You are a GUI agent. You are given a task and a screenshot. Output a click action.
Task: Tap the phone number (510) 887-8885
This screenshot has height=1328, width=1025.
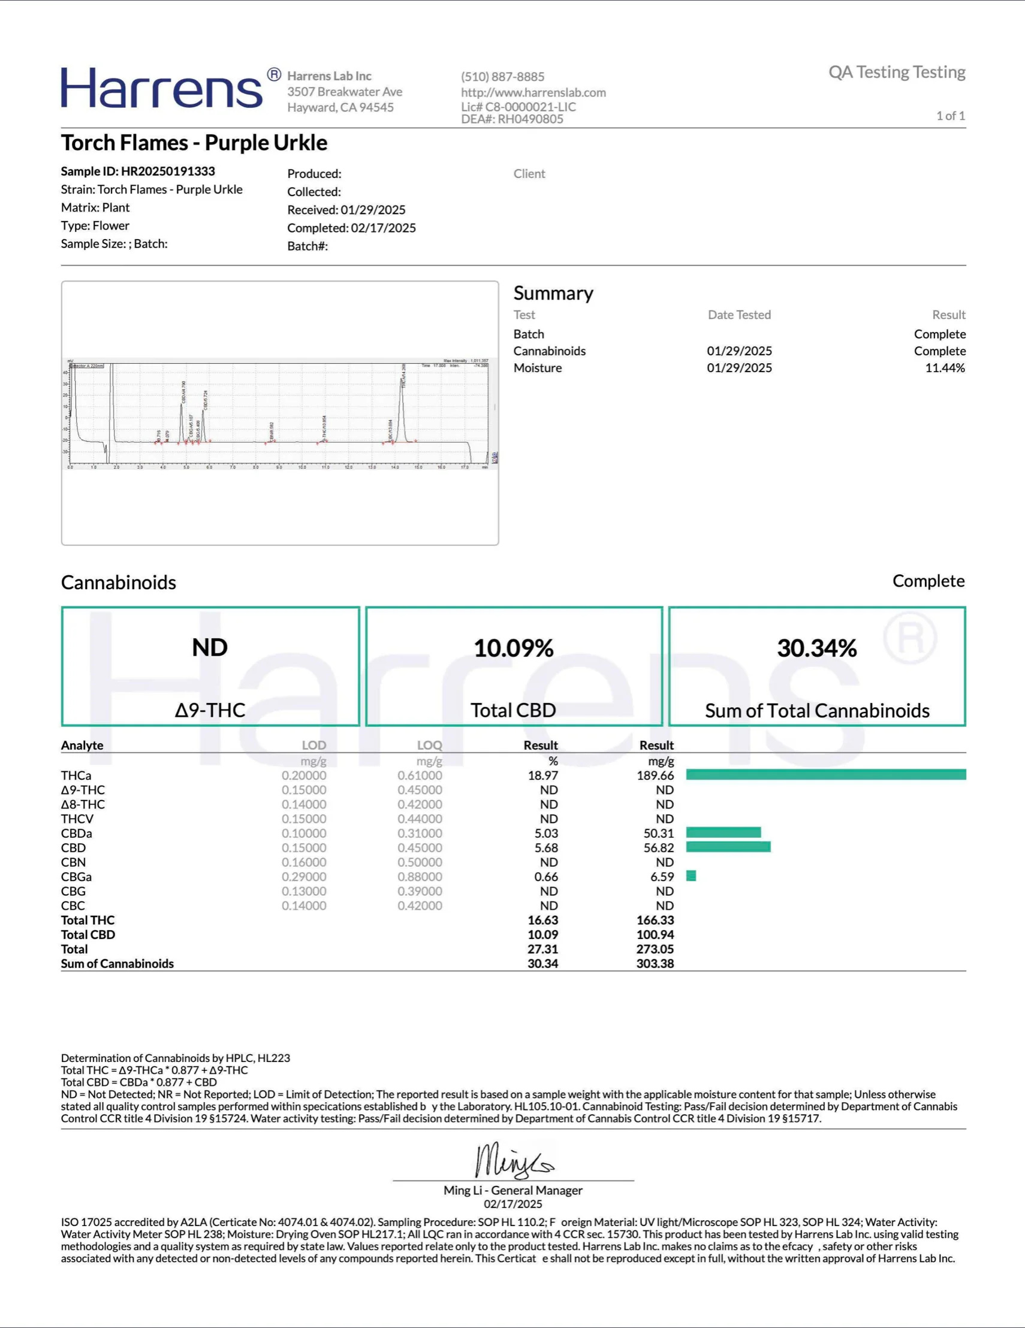(502, 77)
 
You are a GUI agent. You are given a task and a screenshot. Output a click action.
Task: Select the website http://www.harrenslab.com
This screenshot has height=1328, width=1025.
(533, 92)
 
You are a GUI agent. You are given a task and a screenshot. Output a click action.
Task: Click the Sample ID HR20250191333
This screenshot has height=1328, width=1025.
(138, 171)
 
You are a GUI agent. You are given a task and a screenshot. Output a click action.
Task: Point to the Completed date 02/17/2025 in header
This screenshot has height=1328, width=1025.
(383, 228)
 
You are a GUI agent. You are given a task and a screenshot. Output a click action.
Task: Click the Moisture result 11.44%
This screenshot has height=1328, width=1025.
(945, 368)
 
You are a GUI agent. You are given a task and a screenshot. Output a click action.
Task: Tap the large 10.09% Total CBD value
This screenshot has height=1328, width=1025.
(514, 648)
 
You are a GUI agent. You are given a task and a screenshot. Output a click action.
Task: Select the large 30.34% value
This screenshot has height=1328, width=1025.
(816, 648)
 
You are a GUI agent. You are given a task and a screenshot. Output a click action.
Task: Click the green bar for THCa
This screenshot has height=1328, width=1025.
(825, 775)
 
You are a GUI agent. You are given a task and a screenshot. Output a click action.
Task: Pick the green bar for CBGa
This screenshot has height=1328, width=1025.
(691, 876)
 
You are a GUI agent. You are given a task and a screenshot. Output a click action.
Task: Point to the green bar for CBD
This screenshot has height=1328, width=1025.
(728, 847)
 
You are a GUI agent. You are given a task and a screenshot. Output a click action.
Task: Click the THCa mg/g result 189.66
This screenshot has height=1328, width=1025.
(655, 775)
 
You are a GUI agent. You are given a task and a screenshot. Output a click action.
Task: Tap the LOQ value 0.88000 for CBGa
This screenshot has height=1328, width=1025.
(420, 877)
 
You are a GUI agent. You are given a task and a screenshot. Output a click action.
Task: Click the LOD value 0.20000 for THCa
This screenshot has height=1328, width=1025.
(303, 775)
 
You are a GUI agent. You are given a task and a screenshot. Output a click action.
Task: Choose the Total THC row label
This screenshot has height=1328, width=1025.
(88, 920)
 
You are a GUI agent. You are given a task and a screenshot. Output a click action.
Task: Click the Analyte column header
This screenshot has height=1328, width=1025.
(82, 746)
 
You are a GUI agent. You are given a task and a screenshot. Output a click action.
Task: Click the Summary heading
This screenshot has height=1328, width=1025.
(553, 293)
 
